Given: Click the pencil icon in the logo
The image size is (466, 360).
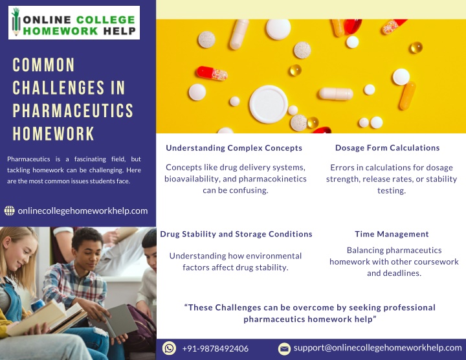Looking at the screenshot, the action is pos(16,22).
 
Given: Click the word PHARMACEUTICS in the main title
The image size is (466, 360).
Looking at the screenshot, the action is pos(72,111).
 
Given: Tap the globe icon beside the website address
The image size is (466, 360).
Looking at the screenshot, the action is pos(10,211).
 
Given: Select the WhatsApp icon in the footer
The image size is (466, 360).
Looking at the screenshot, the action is pos(169,348).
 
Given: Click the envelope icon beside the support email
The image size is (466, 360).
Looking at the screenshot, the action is pos(284,348).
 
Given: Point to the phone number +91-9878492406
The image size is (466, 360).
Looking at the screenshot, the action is pos(215,348).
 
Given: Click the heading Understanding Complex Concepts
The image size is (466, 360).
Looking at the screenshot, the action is pos(234,148).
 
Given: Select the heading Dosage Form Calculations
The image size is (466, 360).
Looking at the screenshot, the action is pos(387,148).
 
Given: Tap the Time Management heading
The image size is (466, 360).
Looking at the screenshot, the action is pos(392,234).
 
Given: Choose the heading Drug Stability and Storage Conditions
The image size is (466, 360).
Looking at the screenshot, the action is pos(236,234).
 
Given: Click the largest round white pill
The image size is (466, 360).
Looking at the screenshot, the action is pos(269,104).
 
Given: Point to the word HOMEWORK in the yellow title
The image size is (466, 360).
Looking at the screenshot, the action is pos(54,133).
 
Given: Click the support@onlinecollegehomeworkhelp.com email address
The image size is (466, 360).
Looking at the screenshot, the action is pos(378,348).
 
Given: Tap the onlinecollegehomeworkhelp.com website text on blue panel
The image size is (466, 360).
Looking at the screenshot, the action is pos(83,211).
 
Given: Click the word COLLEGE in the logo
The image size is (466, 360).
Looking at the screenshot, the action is pos(105,20).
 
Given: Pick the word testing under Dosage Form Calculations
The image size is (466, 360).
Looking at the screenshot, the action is pos(392,190).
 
